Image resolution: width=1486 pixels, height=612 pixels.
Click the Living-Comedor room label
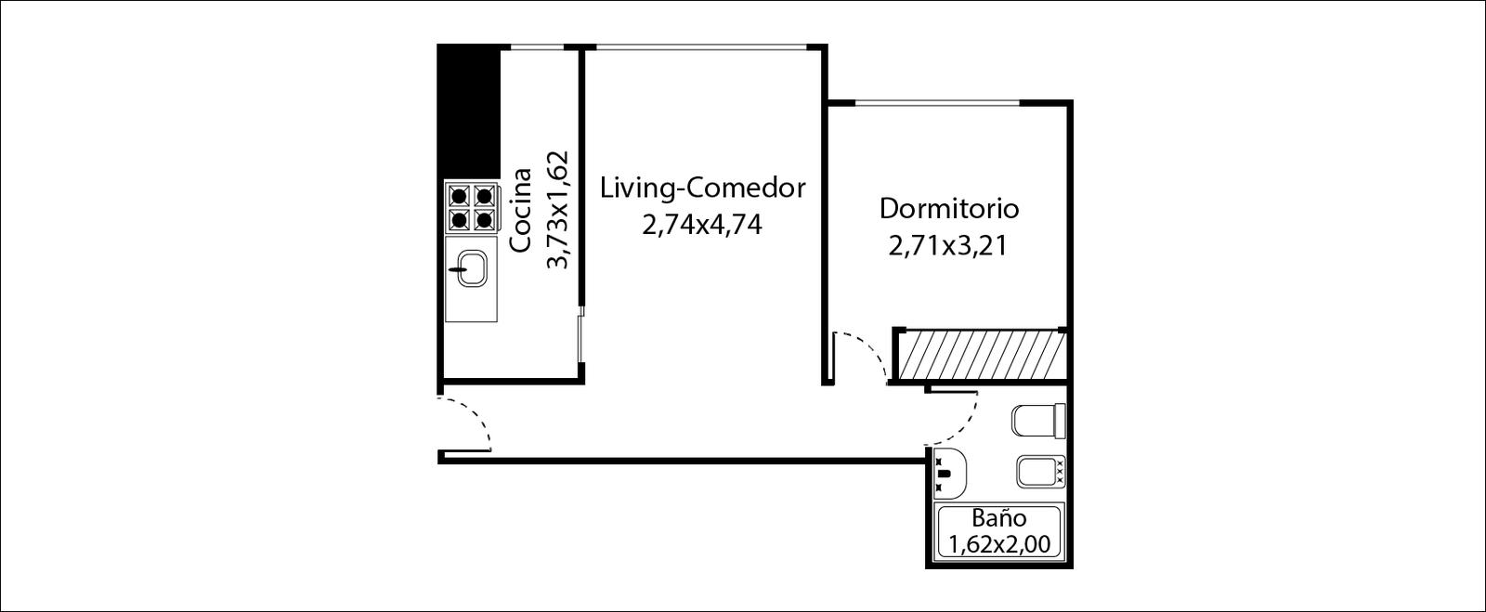[x=702, y=189]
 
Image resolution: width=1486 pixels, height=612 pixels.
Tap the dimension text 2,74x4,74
[x=702, y=226]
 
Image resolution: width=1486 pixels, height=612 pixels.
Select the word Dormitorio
[x=948, y=208]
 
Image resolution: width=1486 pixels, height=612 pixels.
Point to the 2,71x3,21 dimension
[x=948, y=246]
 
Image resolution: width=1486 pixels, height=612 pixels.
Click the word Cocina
[x=521, y=210]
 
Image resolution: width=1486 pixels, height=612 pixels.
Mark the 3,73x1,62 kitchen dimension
[x=557, y=210]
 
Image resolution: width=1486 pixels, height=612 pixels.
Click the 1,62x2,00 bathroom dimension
[x=999, y=544]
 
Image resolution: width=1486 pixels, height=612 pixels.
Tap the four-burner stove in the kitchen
[x=471, y=207]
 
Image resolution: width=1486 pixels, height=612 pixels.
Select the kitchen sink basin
[x=472, y=268]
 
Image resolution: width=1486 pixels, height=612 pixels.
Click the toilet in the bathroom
[x=1038, y=421]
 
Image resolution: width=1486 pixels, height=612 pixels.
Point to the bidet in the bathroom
[x=1040, y=472]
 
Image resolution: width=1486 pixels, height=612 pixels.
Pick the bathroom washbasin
[x=949, y=472]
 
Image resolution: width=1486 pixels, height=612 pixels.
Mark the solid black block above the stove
[x=468, y=112]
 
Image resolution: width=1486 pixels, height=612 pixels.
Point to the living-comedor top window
[x=701, y=47]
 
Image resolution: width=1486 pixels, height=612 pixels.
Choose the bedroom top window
[x=937, y=103]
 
